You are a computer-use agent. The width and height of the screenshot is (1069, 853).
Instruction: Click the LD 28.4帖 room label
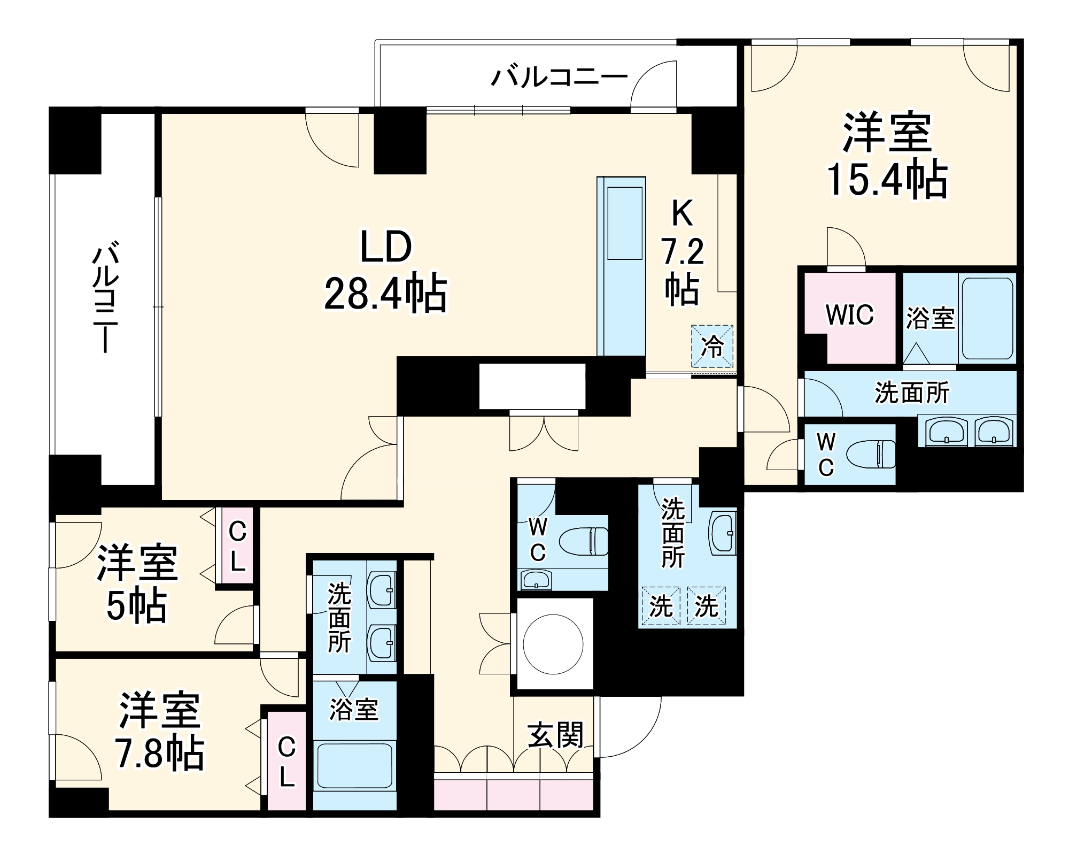386,271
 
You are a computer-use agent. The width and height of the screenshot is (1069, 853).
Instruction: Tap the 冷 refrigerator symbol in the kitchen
712,347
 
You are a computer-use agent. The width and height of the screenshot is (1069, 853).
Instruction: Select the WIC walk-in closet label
849,315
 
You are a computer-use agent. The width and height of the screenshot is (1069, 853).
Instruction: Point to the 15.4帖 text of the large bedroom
887,179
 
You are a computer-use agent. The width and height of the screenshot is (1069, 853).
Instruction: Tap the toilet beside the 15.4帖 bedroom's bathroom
871,455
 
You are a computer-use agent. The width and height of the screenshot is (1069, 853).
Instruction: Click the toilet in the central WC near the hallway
584,541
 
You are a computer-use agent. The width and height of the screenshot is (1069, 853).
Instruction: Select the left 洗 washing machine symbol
661,606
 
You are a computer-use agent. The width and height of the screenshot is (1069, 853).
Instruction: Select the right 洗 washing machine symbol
706,606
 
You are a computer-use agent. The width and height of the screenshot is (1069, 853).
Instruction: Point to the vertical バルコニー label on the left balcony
105,297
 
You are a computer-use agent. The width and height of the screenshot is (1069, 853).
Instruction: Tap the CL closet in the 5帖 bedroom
237,546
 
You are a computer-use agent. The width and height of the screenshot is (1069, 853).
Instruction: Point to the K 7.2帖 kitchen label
682,251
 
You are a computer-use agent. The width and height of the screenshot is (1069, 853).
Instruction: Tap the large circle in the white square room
553,644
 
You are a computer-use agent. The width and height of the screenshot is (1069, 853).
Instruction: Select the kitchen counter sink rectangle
624,224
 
